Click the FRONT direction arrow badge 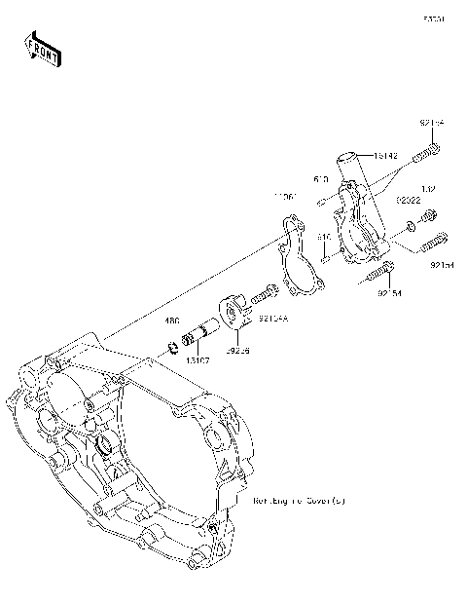point(42,49)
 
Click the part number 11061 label point(285,196)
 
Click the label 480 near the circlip point(171,320)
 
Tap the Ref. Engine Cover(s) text point(299,501)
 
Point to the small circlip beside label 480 point(174,342)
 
